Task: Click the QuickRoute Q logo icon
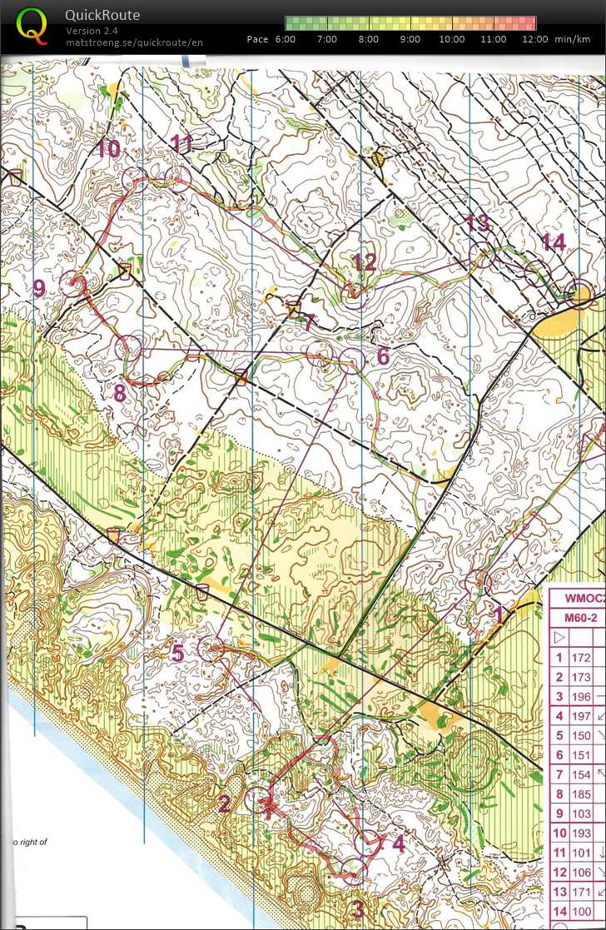[32, 26]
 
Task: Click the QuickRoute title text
[102, 15]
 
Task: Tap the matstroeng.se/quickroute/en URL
[134, 42]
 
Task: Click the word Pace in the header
[258, 39]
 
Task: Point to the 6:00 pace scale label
[285, 39]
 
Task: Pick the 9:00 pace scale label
[410, 39]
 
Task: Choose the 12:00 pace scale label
[535, 39]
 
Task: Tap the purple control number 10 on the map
[108, 149]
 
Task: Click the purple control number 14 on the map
[554, 242]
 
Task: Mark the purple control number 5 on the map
[178, 654]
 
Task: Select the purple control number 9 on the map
[39, 289]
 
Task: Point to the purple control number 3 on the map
[358, 909]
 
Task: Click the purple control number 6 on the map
[383, 356]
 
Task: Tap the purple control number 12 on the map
[364, 262]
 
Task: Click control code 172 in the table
[581, 658]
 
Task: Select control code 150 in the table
[581, 737]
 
